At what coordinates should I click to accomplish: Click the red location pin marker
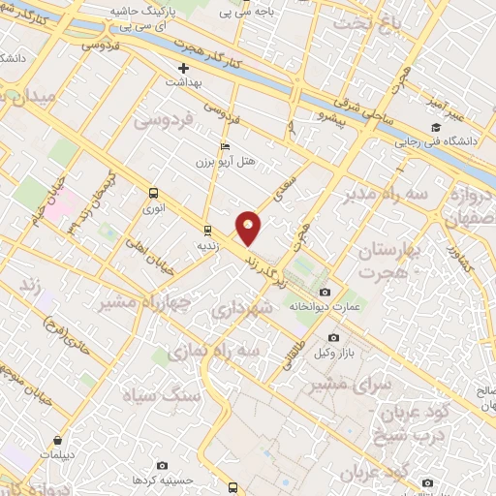pos(249,227)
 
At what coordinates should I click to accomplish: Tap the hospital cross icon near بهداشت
pos(183,69)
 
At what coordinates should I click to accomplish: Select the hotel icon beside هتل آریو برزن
pos(226,146)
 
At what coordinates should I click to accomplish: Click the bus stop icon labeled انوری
pos(153,193)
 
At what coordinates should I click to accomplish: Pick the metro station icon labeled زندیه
pos(206,230)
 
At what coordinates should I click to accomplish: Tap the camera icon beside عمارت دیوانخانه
pos(324,293)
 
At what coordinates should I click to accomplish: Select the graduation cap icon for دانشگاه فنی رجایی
pos(437,127)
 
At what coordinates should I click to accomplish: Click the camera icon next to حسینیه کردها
pos(161,466)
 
